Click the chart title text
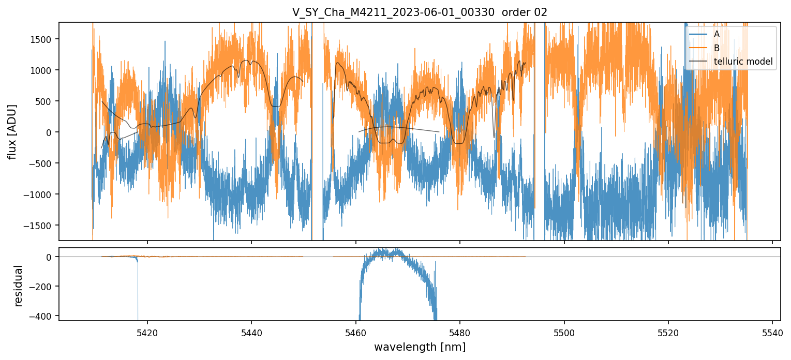click(420, 12)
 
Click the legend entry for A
click(717, 34)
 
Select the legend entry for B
click(717, 48)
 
